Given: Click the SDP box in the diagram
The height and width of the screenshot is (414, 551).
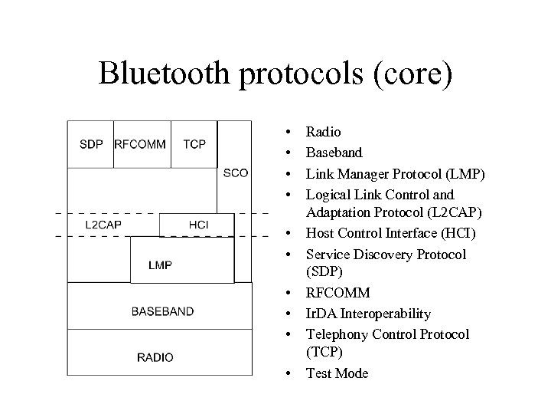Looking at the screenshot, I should [x=90, y=144].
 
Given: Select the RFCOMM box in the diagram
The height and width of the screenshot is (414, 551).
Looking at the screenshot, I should [x=141, y=144].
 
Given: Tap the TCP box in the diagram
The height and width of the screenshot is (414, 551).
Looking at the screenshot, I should [x=194, y=144].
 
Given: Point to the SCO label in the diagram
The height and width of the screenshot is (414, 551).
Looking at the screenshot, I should [x=235, y=172].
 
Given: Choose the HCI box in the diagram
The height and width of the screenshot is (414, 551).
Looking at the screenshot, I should [x=197, y=224].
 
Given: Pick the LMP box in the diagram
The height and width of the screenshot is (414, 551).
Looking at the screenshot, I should [x=161, y=265].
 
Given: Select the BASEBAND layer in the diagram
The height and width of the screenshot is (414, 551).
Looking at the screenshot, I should [x=162, y=311].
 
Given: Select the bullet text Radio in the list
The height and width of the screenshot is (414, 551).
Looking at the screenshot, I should [x=324, y=133].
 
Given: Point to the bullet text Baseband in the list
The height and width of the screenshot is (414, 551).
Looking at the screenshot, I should [x=334, y=153].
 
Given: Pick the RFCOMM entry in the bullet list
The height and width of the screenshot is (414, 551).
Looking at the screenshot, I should [x=337, y=294].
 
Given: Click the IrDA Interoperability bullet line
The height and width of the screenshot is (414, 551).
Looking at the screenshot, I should [x=368, y=314].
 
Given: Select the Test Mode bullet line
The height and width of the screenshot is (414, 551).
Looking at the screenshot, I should [x=337, y=373].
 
